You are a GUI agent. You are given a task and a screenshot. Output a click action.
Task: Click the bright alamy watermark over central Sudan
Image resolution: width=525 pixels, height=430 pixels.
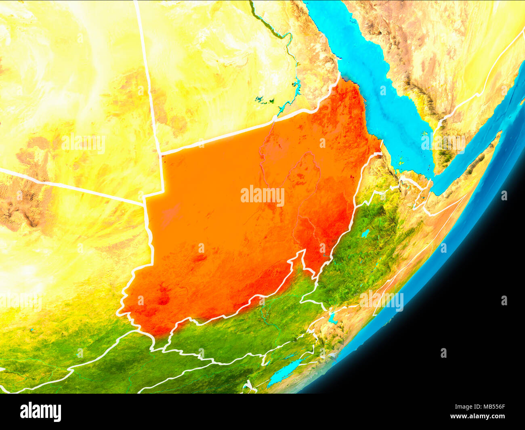point(262,196)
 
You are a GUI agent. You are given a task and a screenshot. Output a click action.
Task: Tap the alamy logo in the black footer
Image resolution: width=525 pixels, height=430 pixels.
point(40,411)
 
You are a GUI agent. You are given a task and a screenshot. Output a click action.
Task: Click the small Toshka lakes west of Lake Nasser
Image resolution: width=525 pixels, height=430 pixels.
point(265,100)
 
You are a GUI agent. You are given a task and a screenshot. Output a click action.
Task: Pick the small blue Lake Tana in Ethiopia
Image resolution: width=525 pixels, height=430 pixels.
point(365,233)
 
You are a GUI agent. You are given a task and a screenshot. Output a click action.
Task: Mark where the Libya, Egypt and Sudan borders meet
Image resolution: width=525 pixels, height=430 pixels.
point(161,154)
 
